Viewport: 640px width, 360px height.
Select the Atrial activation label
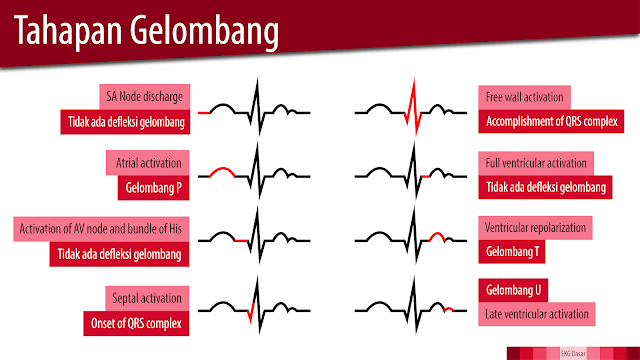tap(147, 163)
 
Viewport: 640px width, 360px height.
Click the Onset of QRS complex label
tap(137, 323)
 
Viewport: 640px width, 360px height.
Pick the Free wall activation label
tap(524, 98)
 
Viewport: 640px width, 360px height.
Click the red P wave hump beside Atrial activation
tap(222, 172)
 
